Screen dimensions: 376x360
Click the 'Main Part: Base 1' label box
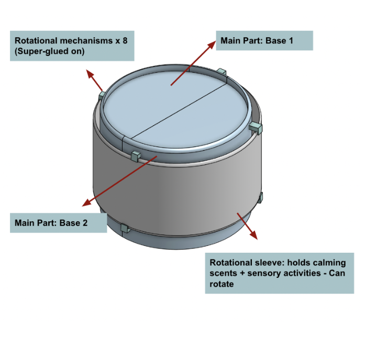coord(264,40)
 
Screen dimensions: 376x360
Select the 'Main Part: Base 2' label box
coord(58,223)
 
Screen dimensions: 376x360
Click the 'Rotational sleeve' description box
coord(279,273)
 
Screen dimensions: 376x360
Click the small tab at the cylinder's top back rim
coord(221,71)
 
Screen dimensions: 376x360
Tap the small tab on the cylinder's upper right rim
coord(256,127)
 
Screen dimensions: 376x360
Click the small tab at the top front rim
coord(135,155)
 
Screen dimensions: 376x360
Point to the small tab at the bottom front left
coord(125,228)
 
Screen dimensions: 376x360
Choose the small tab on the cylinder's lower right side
coord(260,197)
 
